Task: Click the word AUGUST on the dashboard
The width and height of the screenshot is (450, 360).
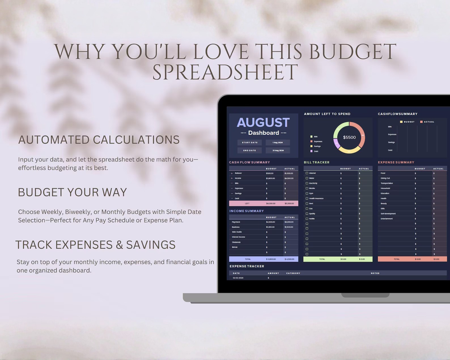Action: [263, 123]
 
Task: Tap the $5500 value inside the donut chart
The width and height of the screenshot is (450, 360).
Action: [349, 138]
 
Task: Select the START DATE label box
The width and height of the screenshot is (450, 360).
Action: [250, 142]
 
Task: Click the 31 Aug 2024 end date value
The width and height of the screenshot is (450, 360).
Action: [278, 150]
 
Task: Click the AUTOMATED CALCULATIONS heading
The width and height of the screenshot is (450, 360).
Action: [99, 140]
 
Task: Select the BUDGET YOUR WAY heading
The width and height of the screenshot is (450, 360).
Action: [73, 192]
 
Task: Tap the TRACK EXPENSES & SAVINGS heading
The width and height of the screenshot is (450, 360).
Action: [95, 245]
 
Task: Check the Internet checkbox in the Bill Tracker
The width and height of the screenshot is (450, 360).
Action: [307, 173]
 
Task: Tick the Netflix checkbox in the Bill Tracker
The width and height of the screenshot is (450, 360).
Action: [307, 218]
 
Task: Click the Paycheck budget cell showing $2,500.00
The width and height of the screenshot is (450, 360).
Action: [270, 222]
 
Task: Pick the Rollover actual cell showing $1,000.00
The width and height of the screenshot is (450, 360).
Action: [289, 173]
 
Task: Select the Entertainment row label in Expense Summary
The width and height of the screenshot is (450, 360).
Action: [387, 218]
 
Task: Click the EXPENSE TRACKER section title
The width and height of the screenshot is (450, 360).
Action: [247, 266]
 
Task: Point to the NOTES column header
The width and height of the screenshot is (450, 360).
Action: [375, 273]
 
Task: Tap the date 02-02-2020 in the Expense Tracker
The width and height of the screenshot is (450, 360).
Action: [238, 278]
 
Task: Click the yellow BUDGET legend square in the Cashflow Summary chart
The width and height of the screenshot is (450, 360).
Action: [401, 122]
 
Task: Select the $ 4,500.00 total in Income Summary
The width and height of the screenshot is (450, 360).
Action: [290, 259]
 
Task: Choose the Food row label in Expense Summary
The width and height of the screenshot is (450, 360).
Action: [383, 173]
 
